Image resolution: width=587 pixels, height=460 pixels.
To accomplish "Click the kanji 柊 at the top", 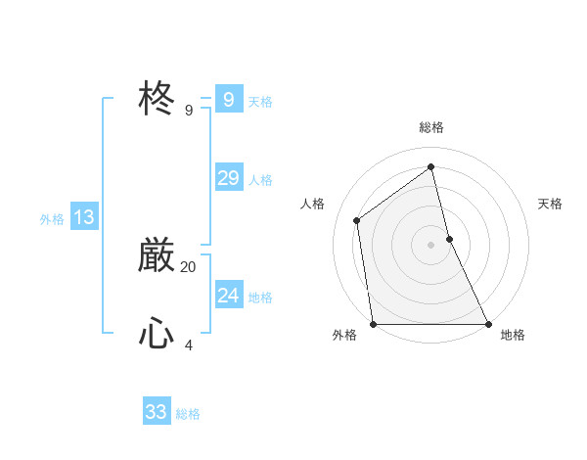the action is (157, 99).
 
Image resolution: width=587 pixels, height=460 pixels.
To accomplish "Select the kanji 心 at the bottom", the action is (157, 335).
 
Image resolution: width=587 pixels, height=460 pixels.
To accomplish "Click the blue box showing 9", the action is (228, 100).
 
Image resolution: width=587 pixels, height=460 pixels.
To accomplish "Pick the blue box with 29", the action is (228, 178).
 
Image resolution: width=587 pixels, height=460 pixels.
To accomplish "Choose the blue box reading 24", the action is (228, 296).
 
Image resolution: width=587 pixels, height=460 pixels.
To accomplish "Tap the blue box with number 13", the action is (83, 217).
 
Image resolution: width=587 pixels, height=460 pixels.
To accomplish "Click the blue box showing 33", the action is (156, 412).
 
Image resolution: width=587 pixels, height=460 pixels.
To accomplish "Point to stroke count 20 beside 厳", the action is (189, 266).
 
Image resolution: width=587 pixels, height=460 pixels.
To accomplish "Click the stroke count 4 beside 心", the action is (189, 345).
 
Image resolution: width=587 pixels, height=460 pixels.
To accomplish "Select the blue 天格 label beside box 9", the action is (260, 102).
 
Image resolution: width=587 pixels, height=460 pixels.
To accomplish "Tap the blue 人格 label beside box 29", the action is (260, 180).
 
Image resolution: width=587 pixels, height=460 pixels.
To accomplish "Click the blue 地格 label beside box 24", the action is (260, 298).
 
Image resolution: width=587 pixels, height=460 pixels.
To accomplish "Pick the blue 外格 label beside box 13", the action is (52, 219).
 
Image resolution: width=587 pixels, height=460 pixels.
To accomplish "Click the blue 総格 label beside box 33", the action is (188, 414).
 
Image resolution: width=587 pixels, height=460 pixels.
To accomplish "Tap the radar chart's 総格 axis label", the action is (430, 127).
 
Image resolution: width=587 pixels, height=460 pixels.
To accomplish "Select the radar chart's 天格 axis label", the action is (550, 204).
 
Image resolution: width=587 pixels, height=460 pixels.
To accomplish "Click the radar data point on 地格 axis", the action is (487, 323).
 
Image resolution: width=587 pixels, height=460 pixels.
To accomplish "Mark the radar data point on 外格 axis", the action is (373, 323).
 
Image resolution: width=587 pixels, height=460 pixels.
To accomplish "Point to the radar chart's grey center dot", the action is (430, 244).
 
